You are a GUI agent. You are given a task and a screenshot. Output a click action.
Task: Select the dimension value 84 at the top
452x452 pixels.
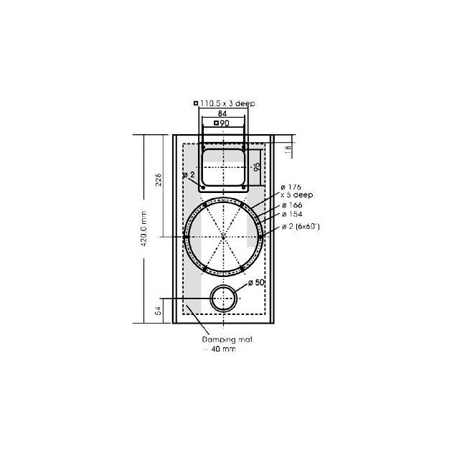222,113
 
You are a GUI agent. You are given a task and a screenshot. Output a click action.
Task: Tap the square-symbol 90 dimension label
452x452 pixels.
222,123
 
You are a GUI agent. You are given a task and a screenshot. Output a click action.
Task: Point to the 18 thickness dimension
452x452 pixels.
288,149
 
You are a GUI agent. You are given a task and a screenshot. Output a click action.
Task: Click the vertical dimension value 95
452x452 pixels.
256,167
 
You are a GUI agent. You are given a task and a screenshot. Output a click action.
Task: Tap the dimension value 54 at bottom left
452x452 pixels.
159,310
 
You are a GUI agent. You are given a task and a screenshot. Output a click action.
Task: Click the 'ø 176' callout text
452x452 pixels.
290,187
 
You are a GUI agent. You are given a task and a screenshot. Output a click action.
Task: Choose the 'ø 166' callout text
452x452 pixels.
290,205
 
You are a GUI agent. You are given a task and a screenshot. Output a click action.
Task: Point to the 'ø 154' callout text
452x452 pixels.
290,215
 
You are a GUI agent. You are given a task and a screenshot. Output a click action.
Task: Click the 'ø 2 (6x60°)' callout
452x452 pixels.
300,226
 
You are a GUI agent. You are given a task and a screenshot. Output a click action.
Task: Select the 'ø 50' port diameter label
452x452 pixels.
256,283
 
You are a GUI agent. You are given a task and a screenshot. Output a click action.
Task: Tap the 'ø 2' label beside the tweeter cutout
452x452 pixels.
189,175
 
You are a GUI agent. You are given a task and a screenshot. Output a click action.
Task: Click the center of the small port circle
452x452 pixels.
223,298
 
